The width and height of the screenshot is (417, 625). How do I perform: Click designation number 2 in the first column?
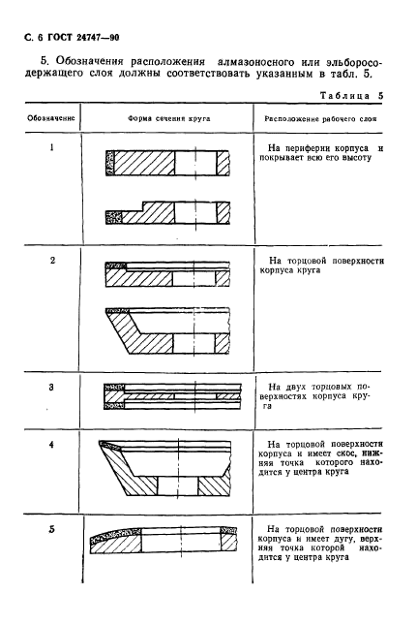point(51,261)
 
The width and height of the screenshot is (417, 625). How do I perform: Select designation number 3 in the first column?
point(51,387)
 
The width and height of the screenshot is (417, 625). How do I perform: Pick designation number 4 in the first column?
point(51,443)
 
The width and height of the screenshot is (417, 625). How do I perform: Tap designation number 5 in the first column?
point(51,528)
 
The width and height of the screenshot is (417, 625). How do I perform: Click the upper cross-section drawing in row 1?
point(166,164)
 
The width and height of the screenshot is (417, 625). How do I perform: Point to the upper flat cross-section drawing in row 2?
point(166,274)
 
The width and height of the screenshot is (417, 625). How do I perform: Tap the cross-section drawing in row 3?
point(166,395)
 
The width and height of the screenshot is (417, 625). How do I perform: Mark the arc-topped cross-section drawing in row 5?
point(166,544)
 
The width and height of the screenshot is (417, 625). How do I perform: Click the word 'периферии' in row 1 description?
point(318,149)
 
